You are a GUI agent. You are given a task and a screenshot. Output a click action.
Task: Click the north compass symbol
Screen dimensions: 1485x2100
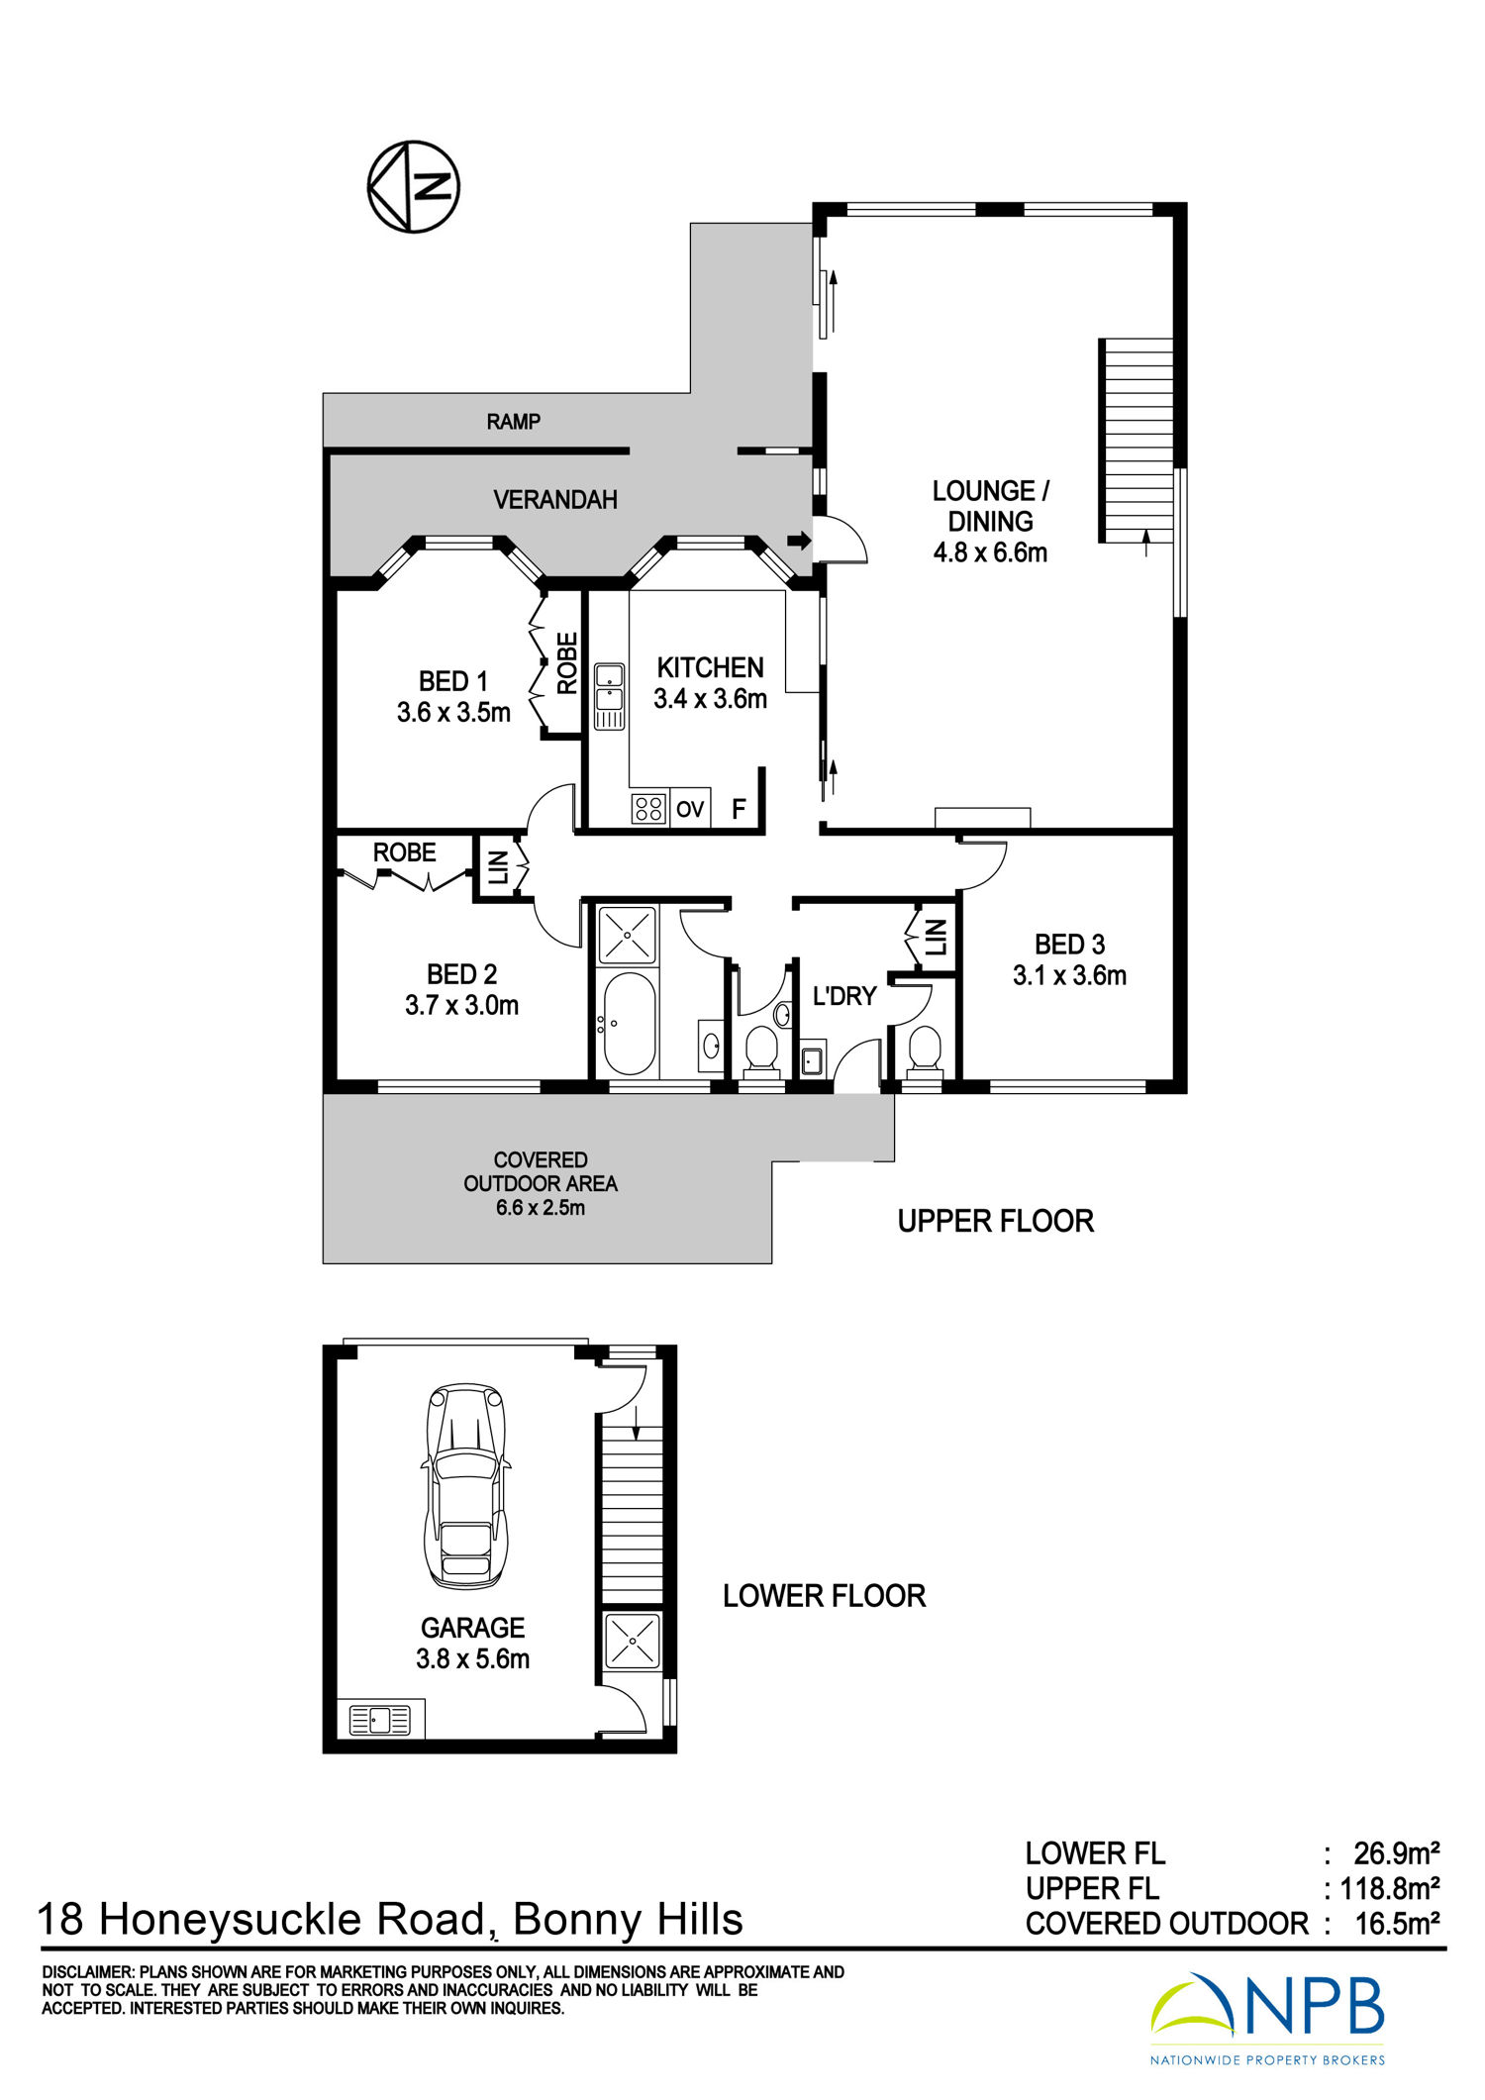(x=414, y=186)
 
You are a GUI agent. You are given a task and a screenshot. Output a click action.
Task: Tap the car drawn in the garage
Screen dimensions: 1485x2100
(x=466, y=1486)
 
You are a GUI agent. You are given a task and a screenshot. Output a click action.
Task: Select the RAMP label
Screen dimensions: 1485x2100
(x=513, y=422)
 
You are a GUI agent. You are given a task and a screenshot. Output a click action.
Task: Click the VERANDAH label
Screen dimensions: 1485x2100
(x=555, y=500)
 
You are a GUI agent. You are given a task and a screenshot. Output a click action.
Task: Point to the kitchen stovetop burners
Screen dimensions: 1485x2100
(x=648, y=809)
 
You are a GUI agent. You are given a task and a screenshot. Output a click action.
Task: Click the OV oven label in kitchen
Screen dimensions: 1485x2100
(x=690, y=809)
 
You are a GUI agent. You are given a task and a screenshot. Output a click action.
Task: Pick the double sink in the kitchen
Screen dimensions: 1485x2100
(x=609, y=697)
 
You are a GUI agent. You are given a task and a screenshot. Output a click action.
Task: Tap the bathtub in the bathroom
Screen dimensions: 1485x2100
(x=630, y=1024)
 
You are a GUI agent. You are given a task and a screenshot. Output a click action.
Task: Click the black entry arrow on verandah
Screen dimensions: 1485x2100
(x=799, y=541)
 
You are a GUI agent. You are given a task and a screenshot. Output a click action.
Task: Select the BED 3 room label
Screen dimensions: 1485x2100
(x=1069, y=945)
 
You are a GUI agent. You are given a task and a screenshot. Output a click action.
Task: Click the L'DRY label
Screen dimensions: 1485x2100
(x=844, y=996)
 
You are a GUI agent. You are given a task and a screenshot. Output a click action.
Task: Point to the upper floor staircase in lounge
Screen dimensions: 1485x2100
(x=1137, y=441)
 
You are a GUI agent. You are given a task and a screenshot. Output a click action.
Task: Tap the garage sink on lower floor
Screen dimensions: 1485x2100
(x=380, y=1720)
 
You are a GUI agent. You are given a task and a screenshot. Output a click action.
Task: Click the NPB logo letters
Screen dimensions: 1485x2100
(x=1314, y=2008)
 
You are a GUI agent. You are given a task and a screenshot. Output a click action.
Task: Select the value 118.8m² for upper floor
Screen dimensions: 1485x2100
(x=1390, y=1889)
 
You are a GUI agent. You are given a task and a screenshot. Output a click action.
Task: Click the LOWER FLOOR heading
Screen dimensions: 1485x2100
(x=824, y=1596)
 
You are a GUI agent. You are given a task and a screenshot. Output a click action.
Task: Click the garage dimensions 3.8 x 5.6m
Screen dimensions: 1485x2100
(x=472, y=1658)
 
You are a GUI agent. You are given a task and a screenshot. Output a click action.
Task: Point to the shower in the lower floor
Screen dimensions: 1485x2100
(x=631, y=1641)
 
